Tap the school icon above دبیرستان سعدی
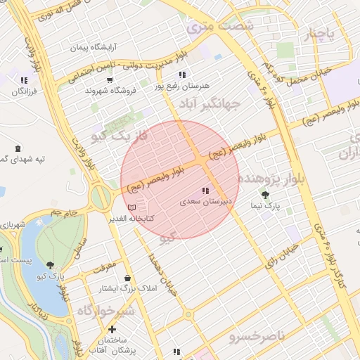[x=205, y=191]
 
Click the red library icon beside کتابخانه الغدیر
[x=133, y=208]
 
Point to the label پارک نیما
[x=266, y=207]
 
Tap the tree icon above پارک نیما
[x=265, y=195]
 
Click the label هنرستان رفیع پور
[x=181, y=86]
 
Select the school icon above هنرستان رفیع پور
[x=182, y=75]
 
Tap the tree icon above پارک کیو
[x=51, y=264]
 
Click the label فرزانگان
[x=25, y=91]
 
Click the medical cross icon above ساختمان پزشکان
[x=112, y=329]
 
